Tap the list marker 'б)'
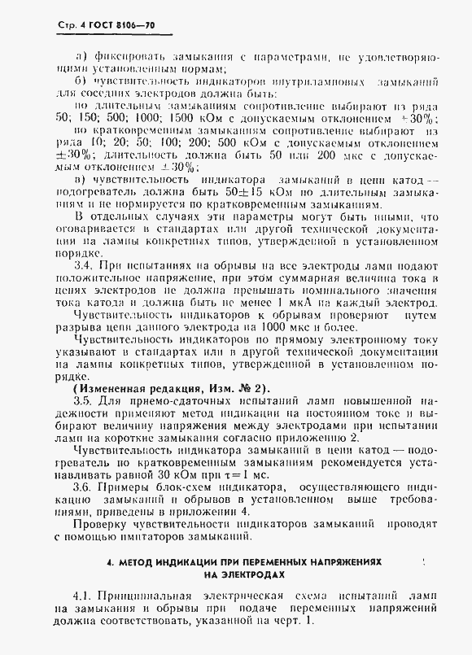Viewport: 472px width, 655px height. click(x=81, y=81)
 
